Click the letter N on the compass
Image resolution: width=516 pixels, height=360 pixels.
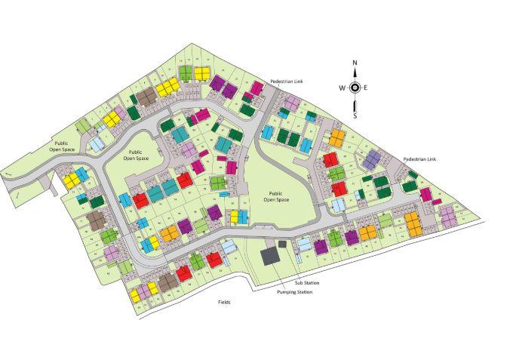[x=355, y=63]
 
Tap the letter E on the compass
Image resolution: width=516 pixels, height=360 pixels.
[x=367, y=88]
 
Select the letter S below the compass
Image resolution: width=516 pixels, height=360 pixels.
[x=355, y=115]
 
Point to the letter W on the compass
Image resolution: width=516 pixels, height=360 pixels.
[x=342, y=88]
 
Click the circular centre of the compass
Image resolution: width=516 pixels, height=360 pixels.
[x=355, y=88]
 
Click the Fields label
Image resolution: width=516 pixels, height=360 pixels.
[x=224, y=302]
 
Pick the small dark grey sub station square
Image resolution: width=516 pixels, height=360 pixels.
[x=282, y=244]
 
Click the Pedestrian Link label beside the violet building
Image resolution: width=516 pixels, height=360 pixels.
[x=420, y=159]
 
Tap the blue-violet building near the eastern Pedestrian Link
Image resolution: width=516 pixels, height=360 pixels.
[x=373, y=158]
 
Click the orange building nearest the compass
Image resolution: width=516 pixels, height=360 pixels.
[x=336, y=138]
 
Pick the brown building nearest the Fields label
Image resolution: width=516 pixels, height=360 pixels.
[x=167, y=282]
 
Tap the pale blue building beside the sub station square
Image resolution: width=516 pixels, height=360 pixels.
[x=303, y=243]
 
